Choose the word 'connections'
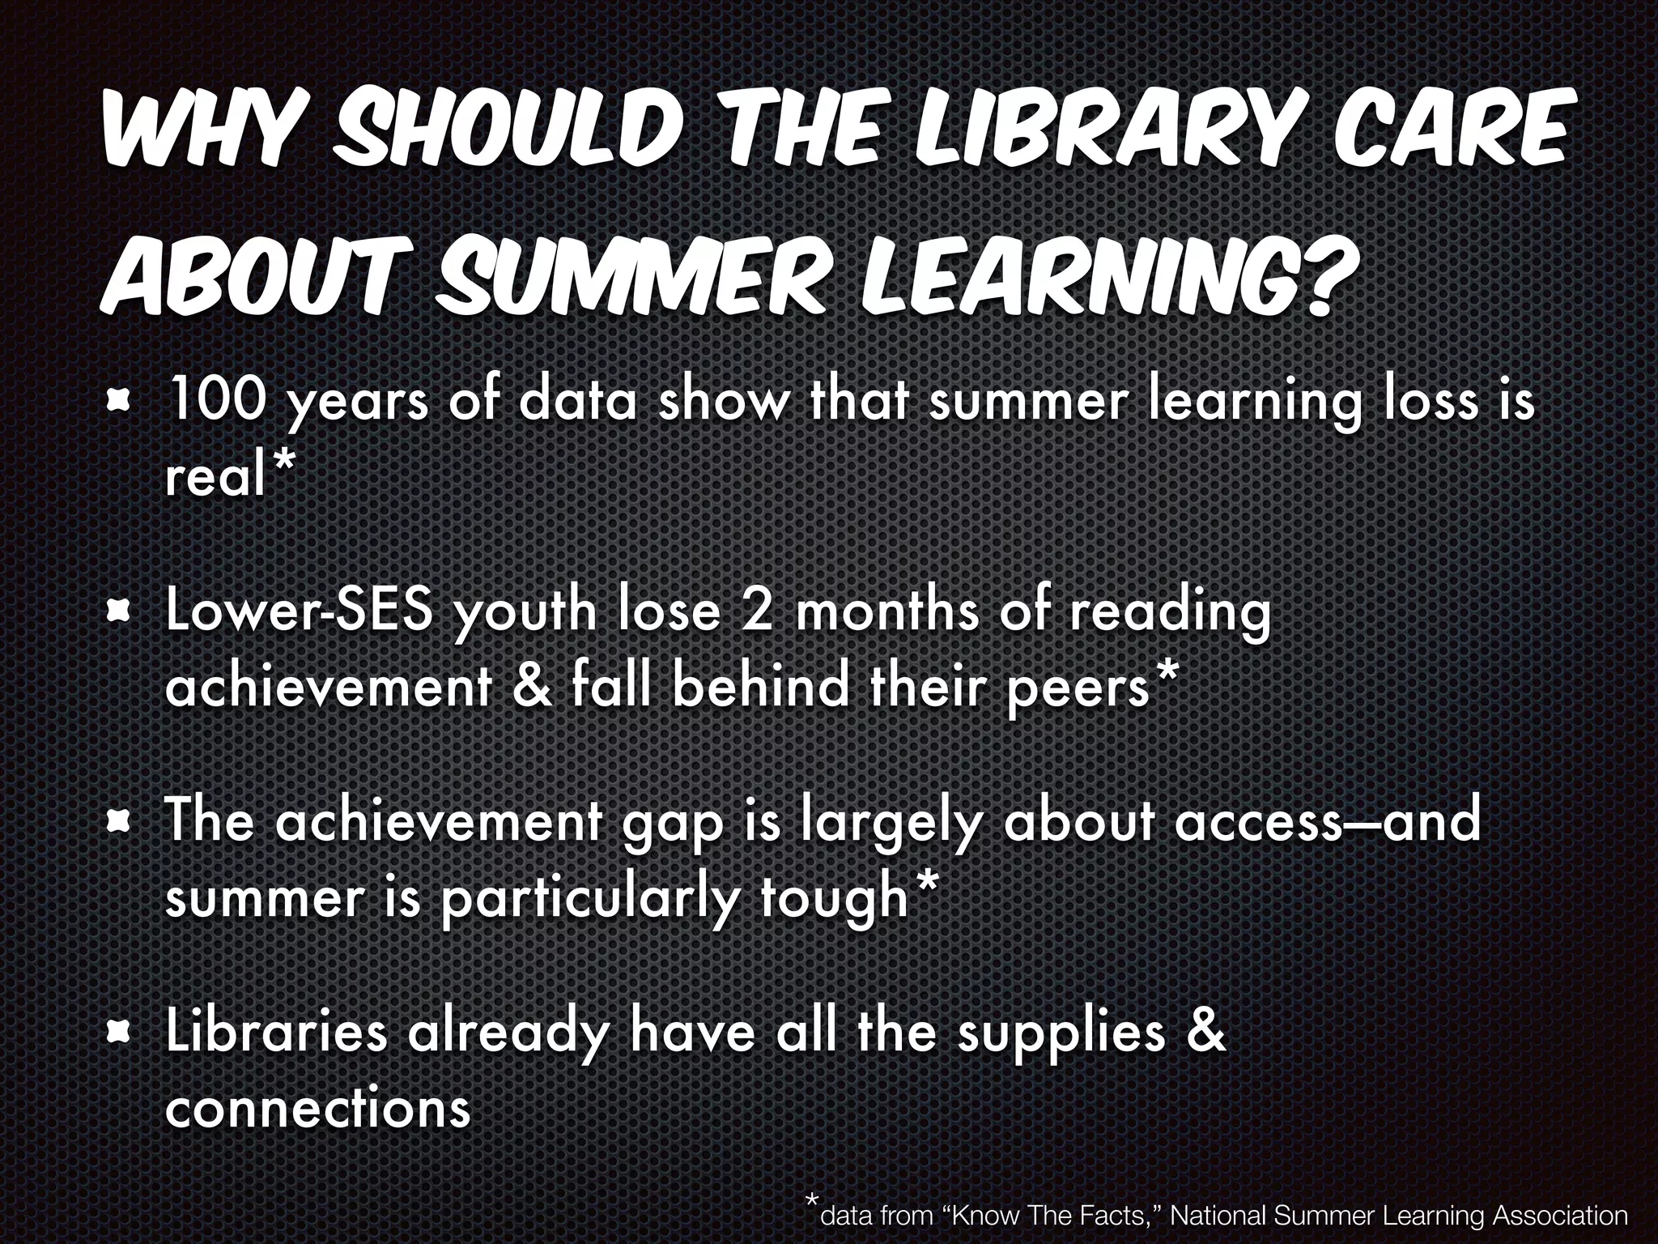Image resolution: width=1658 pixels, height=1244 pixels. [x=317, y=1107]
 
